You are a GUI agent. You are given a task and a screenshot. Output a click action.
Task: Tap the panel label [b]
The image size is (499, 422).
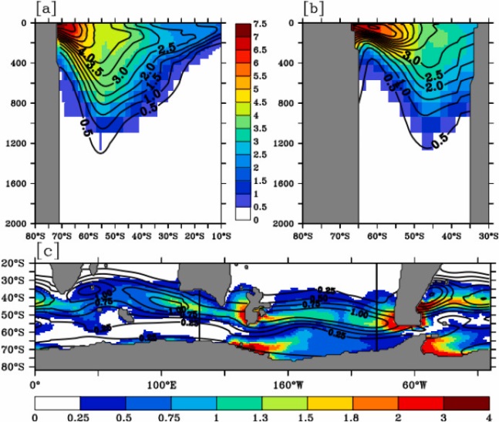click(x=315, y=9)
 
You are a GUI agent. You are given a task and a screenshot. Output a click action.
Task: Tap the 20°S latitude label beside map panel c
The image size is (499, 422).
click(x=17, y=265)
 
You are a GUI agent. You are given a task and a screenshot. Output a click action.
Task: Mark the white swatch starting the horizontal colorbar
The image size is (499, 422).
click(x=58, y=402)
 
